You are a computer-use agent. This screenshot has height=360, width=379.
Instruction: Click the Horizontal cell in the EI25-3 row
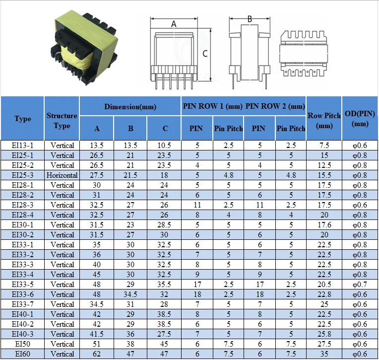62,175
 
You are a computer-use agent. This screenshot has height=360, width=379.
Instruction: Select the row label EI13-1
23,145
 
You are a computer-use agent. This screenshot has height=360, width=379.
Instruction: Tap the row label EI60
23,354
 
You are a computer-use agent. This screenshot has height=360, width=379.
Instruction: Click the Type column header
23,119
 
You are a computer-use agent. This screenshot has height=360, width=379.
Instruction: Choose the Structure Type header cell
62,121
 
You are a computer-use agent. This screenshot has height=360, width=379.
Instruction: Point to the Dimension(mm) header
130,107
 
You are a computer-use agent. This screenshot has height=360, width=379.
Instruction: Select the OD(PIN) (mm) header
360,119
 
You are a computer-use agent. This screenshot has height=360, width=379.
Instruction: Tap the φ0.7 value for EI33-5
360,285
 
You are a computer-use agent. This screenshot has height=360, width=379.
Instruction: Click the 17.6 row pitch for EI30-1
324,225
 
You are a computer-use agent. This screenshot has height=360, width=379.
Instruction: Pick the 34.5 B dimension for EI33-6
130,294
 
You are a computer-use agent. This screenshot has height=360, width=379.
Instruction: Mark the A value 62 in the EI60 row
97,354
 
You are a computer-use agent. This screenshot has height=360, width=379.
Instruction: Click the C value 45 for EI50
165,344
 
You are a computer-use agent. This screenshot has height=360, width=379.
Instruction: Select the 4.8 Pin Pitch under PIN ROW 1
228,175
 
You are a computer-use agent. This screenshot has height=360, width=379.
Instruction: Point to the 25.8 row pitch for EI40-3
324,334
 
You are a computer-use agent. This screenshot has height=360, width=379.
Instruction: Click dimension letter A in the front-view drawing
174,24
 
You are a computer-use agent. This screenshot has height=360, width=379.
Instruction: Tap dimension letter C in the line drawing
204,54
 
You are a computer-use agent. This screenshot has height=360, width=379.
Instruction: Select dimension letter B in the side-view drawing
250,19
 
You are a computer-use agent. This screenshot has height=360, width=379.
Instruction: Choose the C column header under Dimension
165,129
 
